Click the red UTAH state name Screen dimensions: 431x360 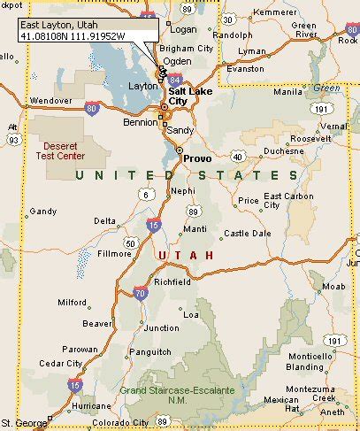point(186,255)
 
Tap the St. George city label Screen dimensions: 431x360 point(23,422)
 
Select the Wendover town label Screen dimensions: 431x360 point(50,101)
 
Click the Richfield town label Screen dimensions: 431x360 point(172,281)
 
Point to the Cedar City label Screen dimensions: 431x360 point(62,363)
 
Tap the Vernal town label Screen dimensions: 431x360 point(334,127)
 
